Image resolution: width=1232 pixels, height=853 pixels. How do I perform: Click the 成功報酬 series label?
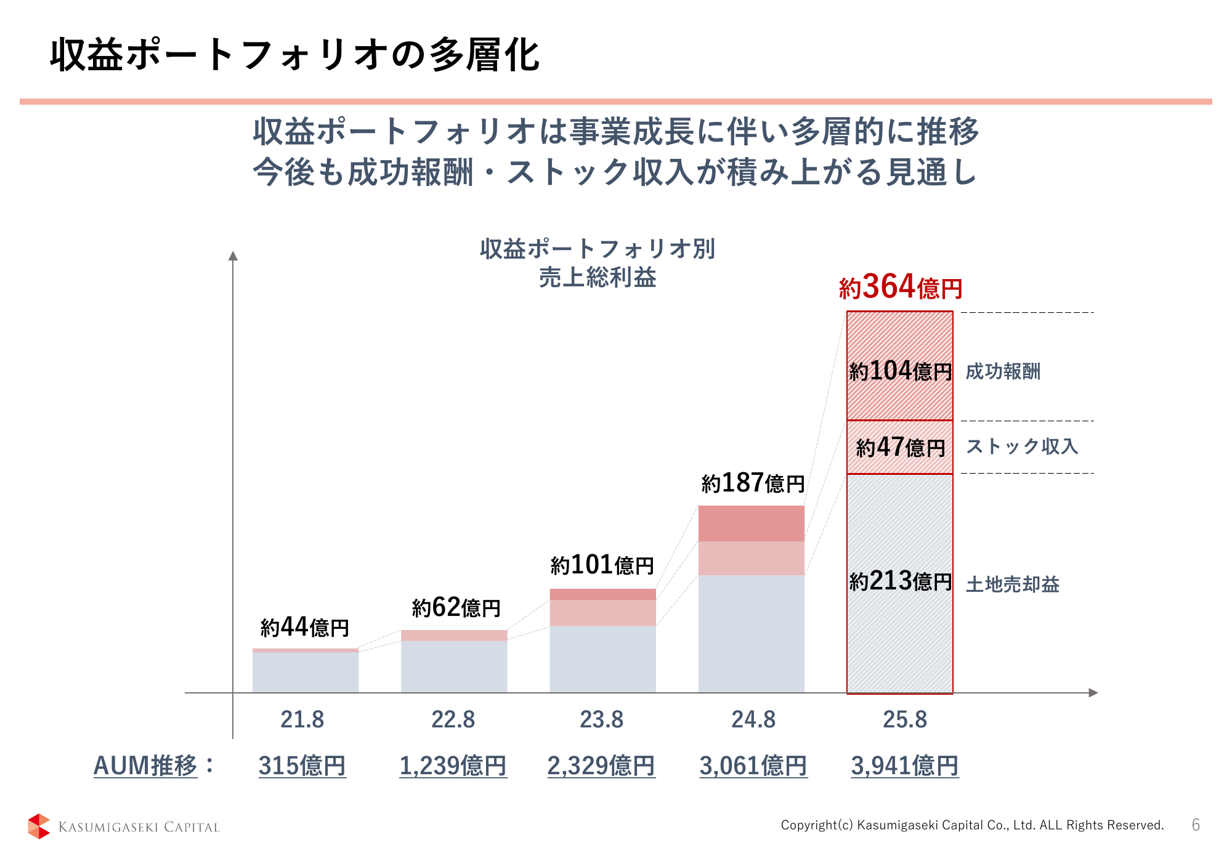pyautogui.click(x=1003, y=371)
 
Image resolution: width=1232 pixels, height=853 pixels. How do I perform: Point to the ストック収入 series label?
pyautogui.click(x=1022, y=447)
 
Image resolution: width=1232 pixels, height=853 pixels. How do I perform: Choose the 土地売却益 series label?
pyautogui.click(x=1012, y=584)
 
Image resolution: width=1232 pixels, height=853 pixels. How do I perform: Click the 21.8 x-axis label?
pyautogui.click(x=302, y=719)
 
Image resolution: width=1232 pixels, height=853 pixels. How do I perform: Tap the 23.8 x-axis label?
pyautogui.click(x=601, y=719)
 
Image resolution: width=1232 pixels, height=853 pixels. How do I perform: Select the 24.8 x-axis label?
pyautogui.click(x=753, y=719)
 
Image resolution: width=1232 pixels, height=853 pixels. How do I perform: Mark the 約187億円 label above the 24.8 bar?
pyautogui.click(x=753, y=483)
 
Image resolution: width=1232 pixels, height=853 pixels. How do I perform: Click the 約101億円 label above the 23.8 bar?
pyautogui.click(x=602, y=565)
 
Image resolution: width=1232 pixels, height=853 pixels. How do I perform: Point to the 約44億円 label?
pyautogui.click(x=305, y=628)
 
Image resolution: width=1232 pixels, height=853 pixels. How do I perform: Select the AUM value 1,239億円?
pyautogui.click(x=453, y=766)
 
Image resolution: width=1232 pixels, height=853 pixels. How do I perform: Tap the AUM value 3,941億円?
pyautogui.click(x=904, y=766)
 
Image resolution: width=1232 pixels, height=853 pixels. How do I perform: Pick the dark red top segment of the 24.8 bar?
pyautogui.click(x=751, y=524)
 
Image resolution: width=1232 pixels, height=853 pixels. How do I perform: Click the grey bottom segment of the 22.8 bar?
pyautogui.click(x=454, y=666)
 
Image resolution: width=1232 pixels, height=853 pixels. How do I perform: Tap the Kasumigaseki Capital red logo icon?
pyautogui.click(x=39, y=826)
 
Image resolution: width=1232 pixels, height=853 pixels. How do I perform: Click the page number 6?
pyautogui.click(x=1196, y=825)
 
